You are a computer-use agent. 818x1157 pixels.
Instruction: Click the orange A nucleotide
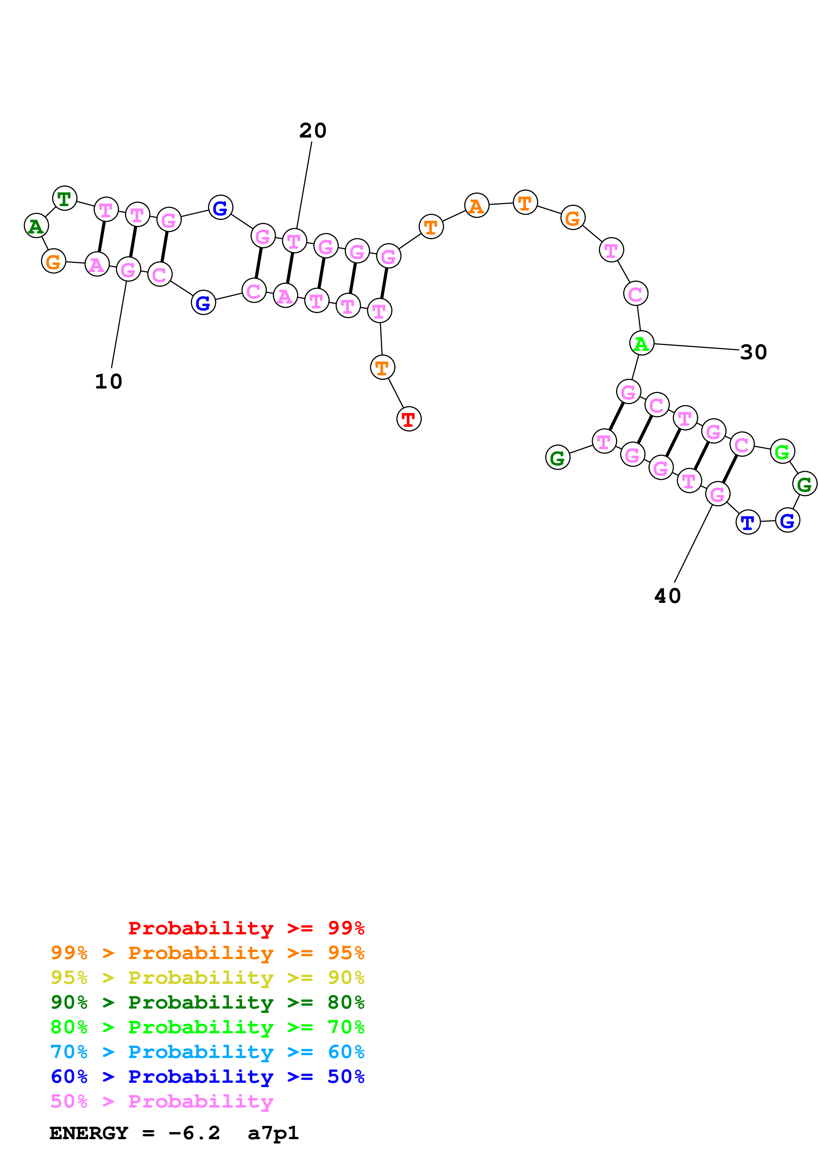[476, 205]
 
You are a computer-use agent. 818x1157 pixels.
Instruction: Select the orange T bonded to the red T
[382, 367]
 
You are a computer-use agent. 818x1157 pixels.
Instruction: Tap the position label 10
[108, 382]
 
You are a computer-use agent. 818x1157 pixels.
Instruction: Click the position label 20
[312, 131]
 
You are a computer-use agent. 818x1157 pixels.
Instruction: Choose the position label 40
[667, 596]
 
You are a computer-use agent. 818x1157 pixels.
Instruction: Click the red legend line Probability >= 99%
[246, 928]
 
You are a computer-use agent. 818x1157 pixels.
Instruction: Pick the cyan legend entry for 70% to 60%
[207, 1052]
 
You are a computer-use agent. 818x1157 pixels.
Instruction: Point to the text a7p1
[273, 1133]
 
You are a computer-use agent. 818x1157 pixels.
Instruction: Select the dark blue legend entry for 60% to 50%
[207, 1077]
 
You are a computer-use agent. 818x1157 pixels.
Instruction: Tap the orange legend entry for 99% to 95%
[207, 953]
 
